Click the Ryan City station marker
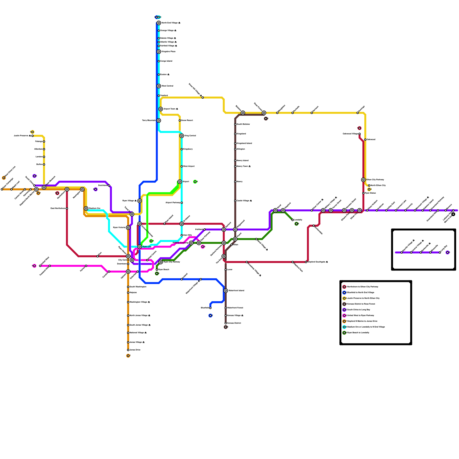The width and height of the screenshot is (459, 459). pos(140,247)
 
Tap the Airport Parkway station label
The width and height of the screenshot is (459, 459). pos(173,203)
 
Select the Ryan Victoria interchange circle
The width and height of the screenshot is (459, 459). pos(128,227)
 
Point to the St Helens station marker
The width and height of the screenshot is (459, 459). pos(182,224)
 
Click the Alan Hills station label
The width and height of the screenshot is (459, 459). pos(188,235)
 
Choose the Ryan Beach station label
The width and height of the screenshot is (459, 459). pos(164,270)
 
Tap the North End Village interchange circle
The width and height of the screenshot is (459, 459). pos(159,23)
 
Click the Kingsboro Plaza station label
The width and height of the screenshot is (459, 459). pos(168,52)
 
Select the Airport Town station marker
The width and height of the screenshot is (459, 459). pos(161,109)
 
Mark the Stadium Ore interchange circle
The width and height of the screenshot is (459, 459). pos(86,209)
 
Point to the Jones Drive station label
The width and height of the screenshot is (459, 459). pos(135,350)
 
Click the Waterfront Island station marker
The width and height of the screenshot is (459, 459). pos(226,291)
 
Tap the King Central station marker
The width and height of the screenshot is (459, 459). pos(182,136)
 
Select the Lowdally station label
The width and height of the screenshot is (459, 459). pos(298,220)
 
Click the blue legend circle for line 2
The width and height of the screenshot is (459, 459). pos(344,293)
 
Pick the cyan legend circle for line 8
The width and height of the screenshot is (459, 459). pos(344,327)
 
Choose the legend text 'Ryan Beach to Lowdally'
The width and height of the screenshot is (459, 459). pos(358,333)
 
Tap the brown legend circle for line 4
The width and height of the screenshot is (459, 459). pos(344,304)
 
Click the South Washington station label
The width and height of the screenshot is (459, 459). pos(138,287)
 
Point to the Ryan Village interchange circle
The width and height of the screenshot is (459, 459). pos(139,201)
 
